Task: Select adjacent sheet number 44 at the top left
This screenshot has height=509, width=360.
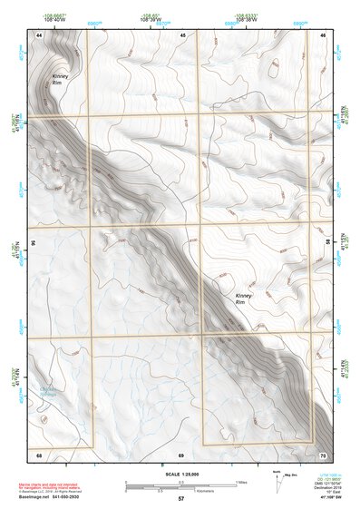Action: click(x=39, y=34)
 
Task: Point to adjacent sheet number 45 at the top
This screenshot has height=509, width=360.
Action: click(x=182, y=34)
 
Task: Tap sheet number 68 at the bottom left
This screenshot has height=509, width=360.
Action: click(x=39, y=453)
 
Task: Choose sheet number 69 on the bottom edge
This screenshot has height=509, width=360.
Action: click(x=181, y=453)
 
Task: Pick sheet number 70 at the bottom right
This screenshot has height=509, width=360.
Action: click(x=322, y=453)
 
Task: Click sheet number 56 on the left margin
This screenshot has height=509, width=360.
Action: click(x=33, y=243)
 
